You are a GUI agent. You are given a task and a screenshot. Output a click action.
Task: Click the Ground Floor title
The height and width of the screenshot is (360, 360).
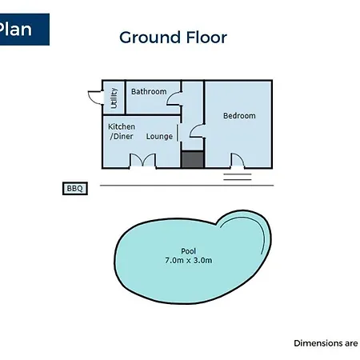click(173, 38)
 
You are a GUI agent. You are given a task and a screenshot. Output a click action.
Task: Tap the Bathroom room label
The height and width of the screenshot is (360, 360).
click(149, 91)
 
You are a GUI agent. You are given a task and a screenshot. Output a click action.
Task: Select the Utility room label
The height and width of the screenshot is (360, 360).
click(114, 98)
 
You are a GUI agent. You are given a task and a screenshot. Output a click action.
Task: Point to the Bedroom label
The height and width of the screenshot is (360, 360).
click(239, 116)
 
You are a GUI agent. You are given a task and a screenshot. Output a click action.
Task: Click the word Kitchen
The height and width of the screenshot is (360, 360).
click(122, 126)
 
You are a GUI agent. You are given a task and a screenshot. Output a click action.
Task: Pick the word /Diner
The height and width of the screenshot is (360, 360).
click(122, 136)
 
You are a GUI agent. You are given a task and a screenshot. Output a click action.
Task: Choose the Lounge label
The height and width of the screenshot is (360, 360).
click(159, 137)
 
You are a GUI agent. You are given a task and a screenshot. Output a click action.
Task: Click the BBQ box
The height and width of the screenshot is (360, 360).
click(75, 189)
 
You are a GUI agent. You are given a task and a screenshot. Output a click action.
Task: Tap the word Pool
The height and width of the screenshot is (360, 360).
click(189, 251)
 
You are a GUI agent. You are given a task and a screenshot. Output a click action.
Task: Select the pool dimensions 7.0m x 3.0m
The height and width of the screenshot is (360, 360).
click(189, 260)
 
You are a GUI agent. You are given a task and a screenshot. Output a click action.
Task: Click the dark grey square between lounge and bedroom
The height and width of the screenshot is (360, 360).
click(193, 159)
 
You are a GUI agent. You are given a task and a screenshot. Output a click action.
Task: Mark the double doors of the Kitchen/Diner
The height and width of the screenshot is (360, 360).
click(142, 161)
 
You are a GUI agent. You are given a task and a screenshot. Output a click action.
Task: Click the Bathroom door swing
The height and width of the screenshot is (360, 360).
click(174, 98)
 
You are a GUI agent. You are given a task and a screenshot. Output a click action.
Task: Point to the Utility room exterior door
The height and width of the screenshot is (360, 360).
click(96, 98)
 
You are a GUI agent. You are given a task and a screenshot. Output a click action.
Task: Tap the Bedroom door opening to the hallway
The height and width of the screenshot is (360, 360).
click(197, 131)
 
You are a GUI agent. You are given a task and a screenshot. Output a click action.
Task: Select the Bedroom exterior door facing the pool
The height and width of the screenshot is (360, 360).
click(238, 161)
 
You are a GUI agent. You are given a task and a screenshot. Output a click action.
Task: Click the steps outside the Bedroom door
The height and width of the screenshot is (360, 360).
click(238, 177)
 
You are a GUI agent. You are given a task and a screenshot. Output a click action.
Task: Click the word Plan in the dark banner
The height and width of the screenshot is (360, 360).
click(15, 29)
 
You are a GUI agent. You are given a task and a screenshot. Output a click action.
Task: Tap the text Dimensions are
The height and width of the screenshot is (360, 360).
click(326, 343)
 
